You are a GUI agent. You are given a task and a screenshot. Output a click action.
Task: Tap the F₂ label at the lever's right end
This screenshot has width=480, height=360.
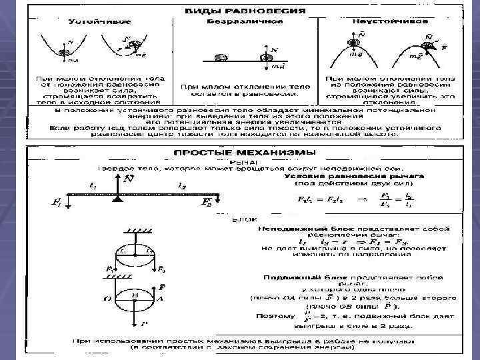pyautogui.click(x=207, y=203)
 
